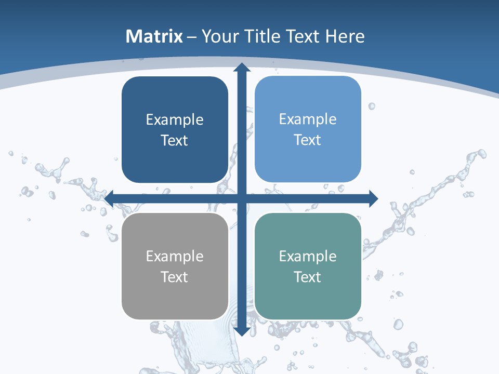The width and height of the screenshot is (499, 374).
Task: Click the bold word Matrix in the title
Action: (154, 36)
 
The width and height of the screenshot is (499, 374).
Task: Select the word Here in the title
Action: (345, 36)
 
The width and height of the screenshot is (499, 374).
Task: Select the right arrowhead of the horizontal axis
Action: (373, 198)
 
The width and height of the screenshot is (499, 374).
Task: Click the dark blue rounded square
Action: (175, 130)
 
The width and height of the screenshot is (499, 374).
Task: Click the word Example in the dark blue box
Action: (175, 120)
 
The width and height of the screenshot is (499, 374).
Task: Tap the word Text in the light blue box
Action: (307, 140)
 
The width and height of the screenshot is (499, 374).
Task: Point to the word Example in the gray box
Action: (175, 256)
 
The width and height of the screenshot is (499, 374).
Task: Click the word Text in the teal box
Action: (307, 277)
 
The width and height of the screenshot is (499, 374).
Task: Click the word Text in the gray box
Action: (174, 277)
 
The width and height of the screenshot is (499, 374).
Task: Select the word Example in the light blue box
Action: (308, 119)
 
